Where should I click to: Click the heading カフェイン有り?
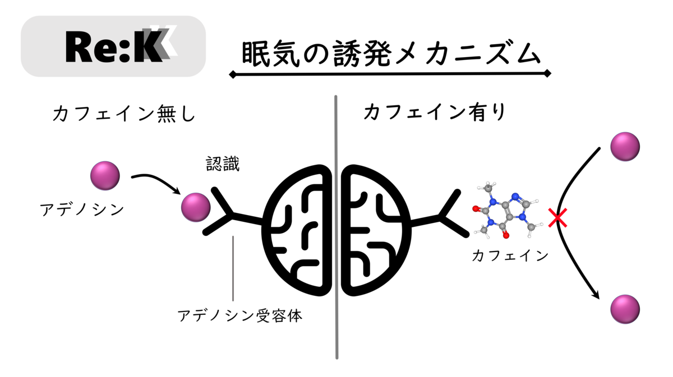(x=435, y=113)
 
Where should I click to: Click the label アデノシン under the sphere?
(x=82, y=210)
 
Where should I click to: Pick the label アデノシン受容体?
(x=240, y=316)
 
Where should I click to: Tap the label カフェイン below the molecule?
(x=510, y=256)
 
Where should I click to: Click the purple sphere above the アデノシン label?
(x=105, y=175)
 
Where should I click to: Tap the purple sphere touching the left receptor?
(x=196, y=207)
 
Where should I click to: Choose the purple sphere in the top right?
(x=625, y=147)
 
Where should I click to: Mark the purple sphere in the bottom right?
(x=625, y=309)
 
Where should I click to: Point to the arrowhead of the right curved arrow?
(x=598, y=295)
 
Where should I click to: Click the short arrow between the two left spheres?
(x=157, y=182)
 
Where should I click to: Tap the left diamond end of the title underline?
(x=232, y=74)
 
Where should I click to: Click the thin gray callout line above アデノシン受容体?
(x=233, y=269)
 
